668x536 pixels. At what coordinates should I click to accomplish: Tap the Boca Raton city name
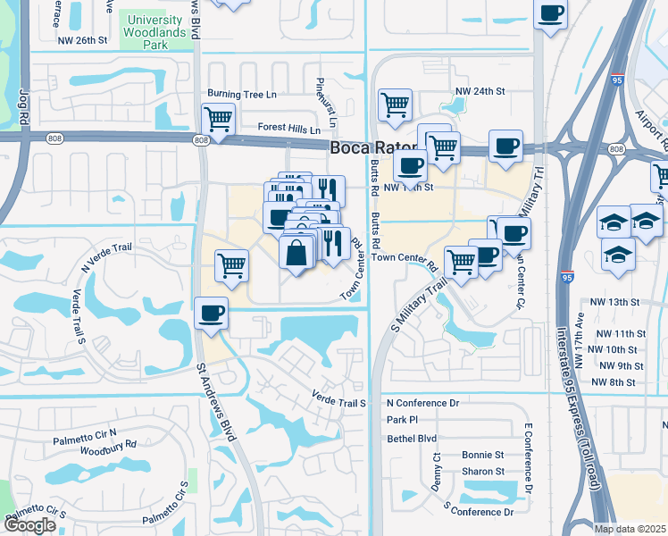(372, 149)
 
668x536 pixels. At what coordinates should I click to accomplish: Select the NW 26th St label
(81, 41)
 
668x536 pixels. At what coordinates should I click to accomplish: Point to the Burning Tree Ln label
(242, 93)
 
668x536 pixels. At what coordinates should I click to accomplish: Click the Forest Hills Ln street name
(289, 129)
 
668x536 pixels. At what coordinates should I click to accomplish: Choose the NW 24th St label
(480, 91)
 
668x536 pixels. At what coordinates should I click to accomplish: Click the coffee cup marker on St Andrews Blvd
(212, 314)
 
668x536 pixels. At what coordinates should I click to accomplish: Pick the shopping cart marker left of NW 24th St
(394, 105)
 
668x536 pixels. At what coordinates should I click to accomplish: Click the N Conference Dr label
(422, 403)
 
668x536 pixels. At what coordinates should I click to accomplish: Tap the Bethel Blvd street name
(412, 439)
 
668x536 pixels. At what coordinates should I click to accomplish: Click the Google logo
(29, 525)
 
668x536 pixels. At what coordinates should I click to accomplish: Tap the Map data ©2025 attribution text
(630, 529)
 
